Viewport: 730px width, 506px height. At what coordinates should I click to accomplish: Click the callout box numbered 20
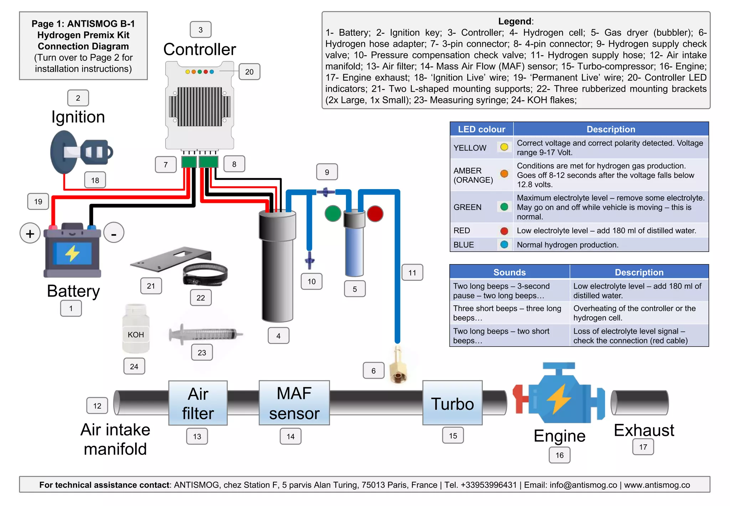pyautogui.click(x=249, y=72)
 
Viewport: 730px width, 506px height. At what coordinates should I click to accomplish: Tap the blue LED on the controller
pyautogui.click(x=212, y=72)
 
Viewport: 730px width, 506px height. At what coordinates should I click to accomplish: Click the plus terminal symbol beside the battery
pyautogui.click(x=30, y=233)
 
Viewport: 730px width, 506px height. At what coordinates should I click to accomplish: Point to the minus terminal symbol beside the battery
pyautogui.click(x=114, y=233)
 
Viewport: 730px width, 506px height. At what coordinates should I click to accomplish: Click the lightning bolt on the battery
pyautogui.click(x=72, y=253)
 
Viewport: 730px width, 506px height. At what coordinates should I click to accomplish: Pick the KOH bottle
pyautogui.click(x=136, y=329)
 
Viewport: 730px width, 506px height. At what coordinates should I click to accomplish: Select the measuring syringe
pyautogui.click(x=205, y=334)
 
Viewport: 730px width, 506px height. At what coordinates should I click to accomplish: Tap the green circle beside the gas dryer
pyautogui.click(x=333, y=213)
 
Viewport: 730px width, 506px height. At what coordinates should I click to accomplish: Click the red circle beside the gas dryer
pyautogui.click(x=375, y=213)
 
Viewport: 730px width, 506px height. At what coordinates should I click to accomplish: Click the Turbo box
pyautogui.click(x=452, y=403)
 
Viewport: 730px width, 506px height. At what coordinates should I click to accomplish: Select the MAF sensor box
pyautogui.click(x=294, y=403)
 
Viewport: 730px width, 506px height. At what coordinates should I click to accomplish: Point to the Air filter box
pyautogui.click(x=198, y=403)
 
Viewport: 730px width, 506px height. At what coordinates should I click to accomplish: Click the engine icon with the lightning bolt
pyautogui.click(x=559, y=396)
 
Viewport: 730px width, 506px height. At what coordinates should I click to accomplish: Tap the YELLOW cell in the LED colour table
pyautogui.click(x=470, y=148)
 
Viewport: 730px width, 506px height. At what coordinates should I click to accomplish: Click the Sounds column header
pyautogui.click(x=509, y=272)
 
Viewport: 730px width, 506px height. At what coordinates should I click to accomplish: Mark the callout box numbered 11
pyautogui.click(x=412, y=273)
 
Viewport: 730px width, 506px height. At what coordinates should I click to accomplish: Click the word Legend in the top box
pyautogui.click(x=514, y=21)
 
